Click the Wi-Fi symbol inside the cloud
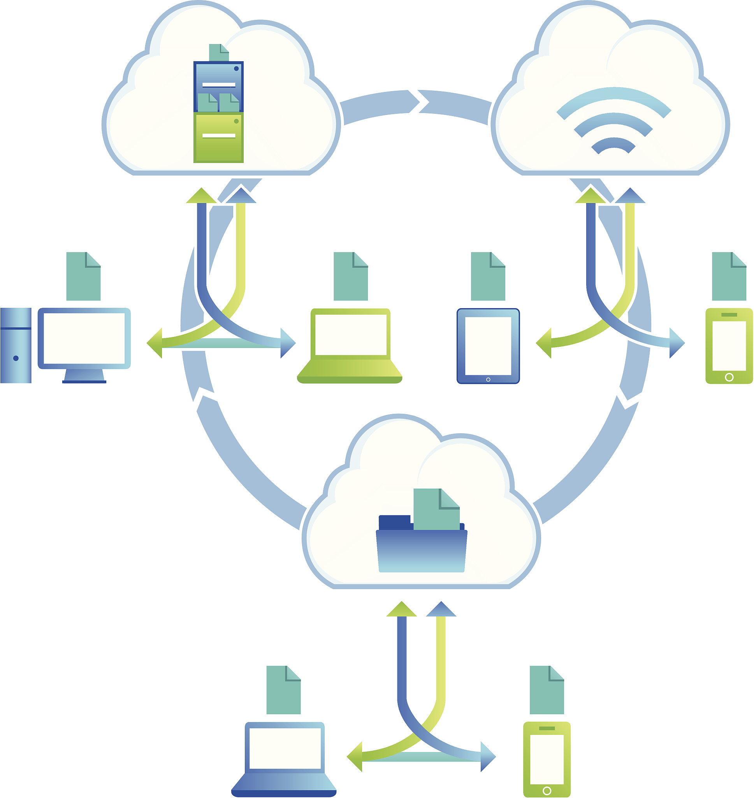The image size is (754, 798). [x=613, y=121]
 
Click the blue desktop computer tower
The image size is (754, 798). [x=16, y=345]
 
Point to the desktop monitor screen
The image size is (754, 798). [x=84, y=338]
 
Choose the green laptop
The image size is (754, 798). [x=350, y=346]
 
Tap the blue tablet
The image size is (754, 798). [x=488, y=346]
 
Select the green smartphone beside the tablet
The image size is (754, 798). [x=729, y=346]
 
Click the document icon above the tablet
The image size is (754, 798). [x=487, y=277]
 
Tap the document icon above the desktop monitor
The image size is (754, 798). [x=83, y=277]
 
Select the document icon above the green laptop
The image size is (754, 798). [x=350, y=277]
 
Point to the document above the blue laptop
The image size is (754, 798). [x=283, y=690]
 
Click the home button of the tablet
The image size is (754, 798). [x=488, y=379]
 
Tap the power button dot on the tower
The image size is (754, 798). [x=16, y=358]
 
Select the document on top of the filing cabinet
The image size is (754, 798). [x=218, y=53]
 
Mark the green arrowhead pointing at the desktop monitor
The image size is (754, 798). [x=155, y=343]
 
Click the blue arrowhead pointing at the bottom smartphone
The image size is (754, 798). [x=488, y=757]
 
